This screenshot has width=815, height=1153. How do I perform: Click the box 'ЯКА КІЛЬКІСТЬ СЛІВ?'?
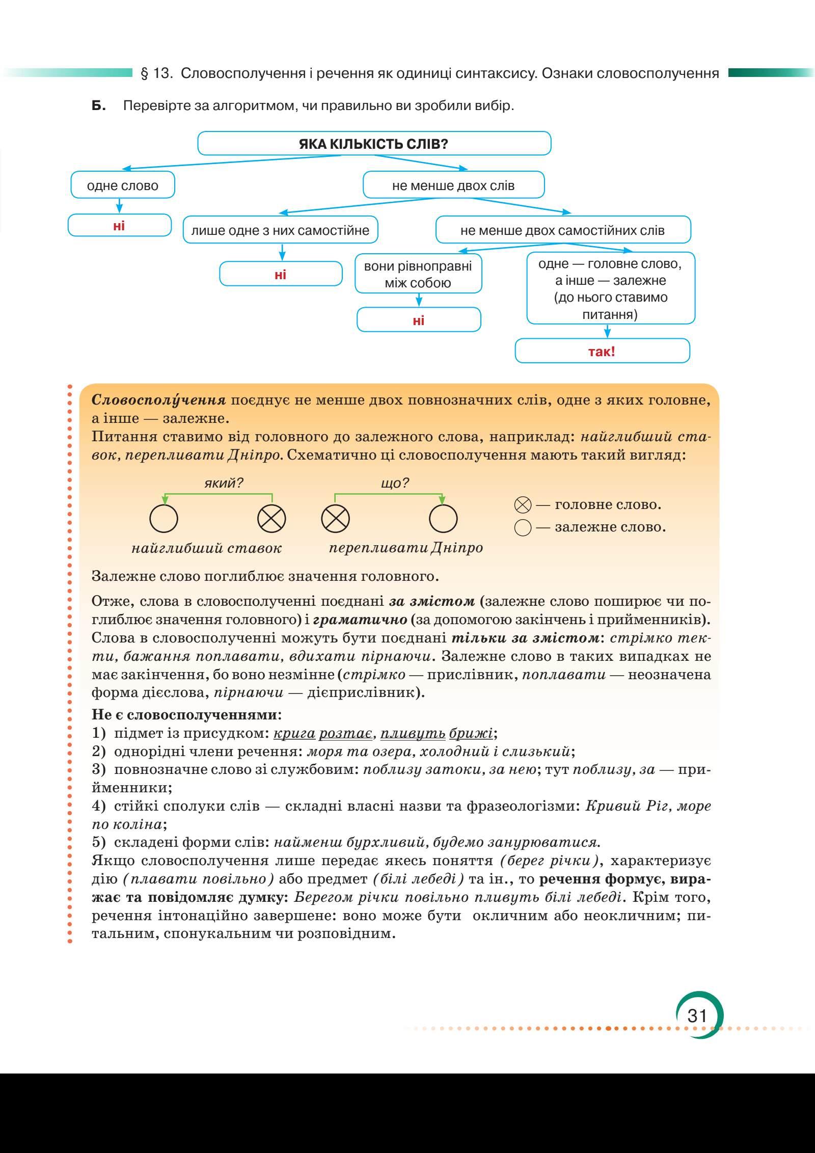[374, 144]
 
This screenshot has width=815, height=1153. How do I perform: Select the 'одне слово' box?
[123, 185]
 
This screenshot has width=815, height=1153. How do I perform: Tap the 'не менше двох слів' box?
[453, 185]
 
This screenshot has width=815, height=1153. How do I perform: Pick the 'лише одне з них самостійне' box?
[280, 230]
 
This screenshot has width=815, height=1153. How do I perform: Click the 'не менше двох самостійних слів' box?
[562, 230]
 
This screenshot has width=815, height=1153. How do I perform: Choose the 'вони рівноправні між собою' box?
[418, 274]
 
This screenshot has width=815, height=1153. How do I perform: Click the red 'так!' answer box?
[602, 352]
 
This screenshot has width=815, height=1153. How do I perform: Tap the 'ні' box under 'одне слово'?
[119, 226]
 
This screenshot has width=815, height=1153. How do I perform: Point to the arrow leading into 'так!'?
[607, 331]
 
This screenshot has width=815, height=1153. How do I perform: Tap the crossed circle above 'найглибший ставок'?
[271, 519]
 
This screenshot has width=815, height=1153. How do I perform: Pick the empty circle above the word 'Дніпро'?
[443, 519]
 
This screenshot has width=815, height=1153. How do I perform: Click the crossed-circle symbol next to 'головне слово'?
[523, 505]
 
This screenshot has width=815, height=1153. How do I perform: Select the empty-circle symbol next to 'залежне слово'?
[523, 527]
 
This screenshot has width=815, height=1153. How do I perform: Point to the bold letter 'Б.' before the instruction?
[99, 106]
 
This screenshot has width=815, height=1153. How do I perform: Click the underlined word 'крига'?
[294, 734]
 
